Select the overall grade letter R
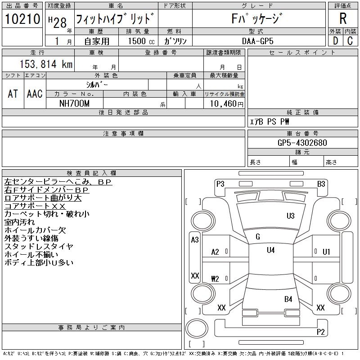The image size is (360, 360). (343, 19)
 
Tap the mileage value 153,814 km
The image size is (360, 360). (45, 64)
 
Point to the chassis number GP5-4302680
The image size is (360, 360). (302, 143)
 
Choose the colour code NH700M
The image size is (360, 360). (75, 103)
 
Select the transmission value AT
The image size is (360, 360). (13, 94)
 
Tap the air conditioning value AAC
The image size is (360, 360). (35, 94)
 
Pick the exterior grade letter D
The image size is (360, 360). (335, 41)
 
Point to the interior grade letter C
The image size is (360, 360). (350, 41)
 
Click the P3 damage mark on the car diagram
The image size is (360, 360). (220, 184)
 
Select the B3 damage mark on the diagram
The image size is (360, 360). (321, 184)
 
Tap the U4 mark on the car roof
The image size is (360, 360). (270, 250)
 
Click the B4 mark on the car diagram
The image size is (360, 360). (288, 299)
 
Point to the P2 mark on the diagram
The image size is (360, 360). (320, 332)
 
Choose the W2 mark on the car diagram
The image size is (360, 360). (215, 279)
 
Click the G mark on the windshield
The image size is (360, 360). (257, 237)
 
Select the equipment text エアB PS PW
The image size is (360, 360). (270, 121)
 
